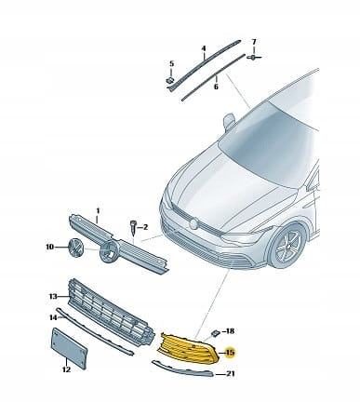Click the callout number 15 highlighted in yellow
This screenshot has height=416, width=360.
231,353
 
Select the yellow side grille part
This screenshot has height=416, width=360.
189,348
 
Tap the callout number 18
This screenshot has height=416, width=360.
230,331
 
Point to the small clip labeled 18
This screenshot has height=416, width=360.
214,333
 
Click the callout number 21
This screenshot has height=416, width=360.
230,374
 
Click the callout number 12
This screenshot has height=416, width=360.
66,369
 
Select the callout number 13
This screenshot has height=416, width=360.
53,296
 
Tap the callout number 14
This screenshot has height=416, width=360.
53,317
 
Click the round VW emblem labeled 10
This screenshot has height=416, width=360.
76,248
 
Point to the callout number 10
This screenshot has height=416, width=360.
49,247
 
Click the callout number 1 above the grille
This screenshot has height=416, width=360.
98,211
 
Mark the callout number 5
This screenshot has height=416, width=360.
171,64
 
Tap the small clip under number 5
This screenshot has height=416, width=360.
169,80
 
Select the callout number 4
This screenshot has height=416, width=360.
204,48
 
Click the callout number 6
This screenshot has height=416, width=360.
216,87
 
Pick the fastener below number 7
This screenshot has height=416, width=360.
254,58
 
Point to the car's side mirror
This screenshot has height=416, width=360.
229,121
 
